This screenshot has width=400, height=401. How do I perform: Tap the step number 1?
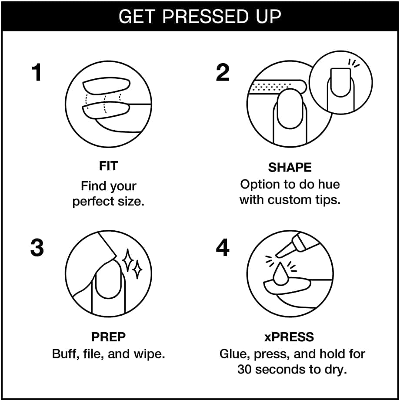tap(37, 72)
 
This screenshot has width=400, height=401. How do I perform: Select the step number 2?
tap(223, 72)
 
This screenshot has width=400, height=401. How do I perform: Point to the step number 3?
tap(37, 247)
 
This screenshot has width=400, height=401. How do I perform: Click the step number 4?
tap(223, 247)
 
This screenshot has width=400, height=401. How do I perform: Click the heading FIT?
tap(109, 166)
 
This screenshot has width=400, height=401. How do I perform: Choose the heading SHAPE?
tap(290, 168)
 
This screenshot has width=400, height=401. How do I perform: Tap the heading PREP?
tap(109, 337)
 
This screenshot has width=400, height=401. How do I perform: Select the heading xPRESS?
tap(289, 337)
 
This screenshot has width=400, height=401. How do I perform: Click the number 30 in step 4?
tap(245, 369)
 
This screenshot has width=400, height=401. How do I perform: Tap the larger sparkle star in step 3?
tap(128, 260)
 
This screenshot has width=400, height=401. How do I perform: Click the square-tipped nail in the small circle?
tap(340, 82)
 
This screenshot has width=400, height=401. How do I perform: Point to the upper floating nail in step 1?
tap(106, 86)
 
